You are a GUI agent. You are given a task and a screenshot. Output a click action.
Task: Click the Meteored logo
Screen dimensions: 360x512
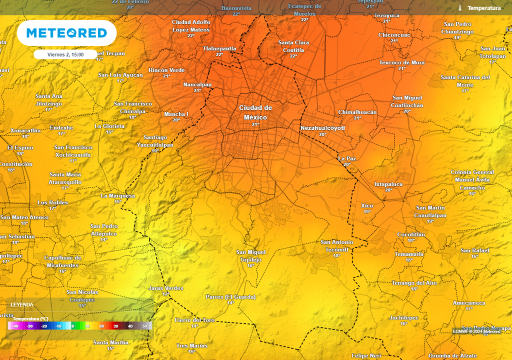[x=66, y=33]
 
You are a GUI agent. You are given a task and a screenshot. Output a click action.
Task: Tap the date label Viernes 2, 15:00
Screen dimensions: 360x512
[x=65, y=54]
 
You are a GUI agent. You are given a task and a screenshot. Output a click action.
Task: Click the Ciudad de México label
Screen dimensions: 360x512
[x=255, y=112]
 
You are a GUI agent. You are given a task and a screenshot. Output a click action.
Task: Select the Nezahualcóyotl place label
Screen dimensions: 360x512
[x=322, y=128]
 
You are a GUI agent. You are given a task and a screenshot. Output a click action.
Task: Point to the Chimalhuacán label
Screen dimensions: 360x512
[x=357, y=112]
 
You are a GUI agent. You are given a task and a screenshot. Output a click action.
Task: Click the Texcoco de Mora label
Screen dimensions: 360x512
[x=402, y=62]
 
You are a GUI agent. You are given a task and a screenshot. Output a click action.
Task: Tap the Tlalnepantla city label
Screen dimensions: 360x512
[x=219, y=48]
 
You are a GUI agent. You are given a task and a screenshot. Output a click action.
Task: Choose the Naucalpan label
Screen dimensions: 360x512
[x=197, y=84]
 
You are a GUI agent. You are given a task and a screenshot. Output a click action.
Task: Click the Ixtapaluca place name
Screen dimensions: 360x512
[x=388, y=184]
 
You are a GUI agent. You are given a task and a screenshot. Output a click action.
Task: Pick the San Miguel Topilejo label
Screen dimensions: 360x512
[x=250, y=255]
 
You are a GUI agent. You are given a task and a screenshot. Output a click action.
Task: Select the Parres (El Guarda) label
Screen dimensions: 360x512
[x=230, y=296]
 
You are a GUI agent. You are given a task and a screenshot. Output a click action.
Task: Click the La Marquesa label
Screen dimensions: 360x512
[x=117, y=195]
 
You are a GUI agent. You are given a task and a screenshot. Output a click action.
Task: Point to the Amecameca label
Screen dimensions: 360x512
[x=468, y=303]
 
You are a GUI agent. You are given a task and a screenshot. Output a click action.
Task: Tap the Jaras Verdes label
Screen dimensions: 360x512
[x=166, y=288]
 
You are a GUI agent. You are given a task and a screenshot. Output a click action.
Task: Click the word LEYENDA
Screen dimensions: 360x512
[x=22, y=304]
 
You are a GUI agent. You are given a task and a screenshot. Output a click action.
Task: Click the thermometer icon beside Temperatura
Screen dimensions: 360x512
[x=459, y=8]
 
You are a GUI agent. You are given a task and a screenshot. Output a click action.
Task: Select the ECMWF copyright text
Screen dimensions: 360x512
[x=476, y=331]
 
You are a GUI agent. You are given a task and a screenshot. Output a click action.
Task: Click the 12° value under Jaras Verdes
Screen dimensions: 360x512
[x=165, y=294]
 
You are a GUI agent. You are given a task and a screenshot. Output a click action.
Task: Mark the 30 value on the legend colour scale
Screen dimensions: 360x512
[x=115, y=326]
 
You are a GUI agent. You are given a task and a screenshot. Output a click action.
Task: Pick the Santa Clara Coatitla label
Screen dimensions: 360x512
[x=293, y=46]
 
